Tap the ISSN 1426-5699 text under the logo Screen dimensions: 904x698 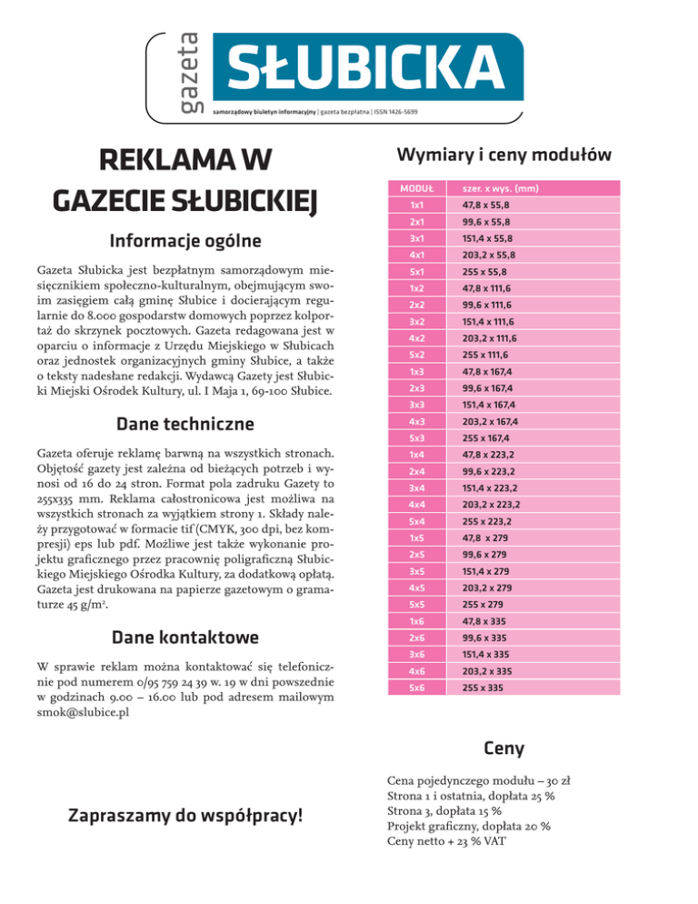391,112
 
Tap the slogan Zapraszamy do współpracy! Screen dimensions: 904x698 184,815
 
